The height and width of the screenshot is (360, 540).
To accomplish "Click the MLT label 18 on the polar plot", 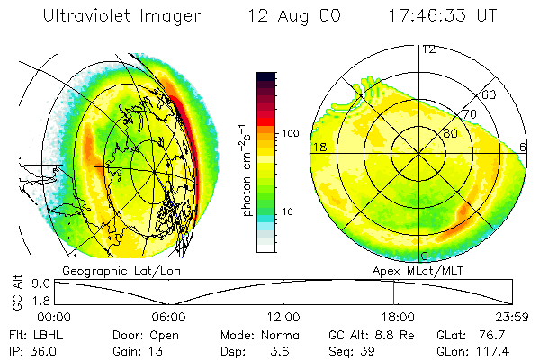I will [319, 147].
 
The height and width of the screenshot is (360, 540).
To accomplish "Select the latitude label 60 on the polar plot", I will [490, 94].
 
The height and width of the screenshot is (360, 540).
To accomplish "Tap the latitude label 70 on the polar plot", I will [468, 114].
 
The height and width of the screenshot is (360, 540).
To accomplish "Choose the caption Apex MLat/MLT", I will [406, 270].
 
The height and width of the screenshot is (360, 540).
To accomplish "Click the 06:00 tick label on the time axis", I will [168, 318].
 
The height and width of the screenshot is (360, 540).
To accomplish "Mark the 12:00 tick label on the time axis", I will [283, 318].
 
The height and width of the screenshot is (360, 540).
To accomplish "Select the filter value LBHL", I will [49, 335].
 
